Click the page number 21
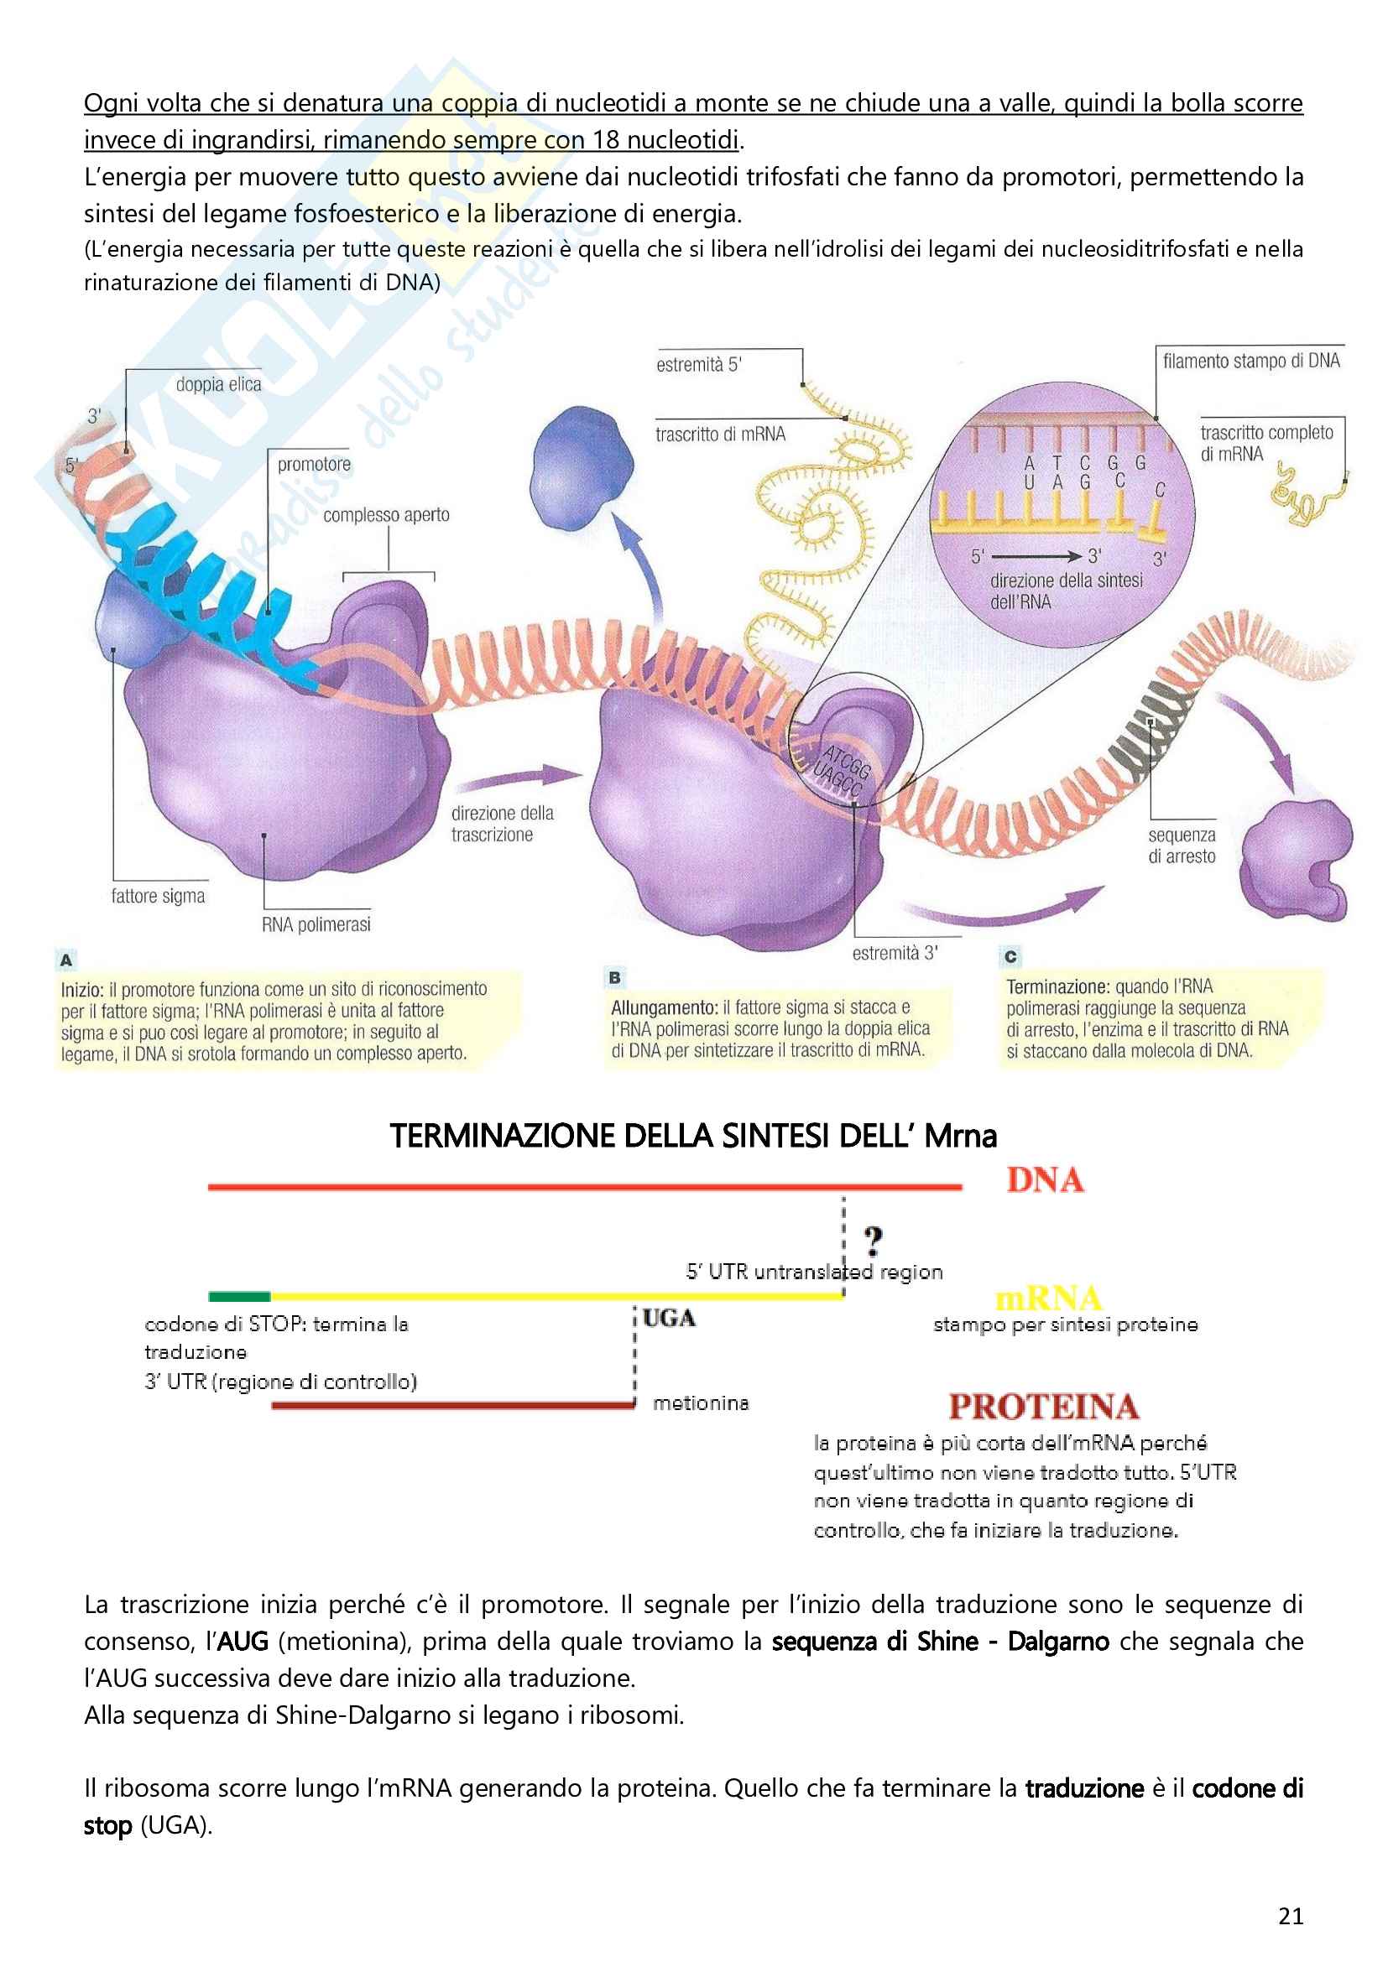[1291, 1916]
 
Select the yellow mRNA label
[1048, 1298]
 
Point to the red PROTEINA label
[1044, 1407]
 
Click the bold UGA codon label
[669, 1319]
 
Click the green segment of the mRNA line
[239, 1296]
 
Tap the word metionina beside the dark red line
[701, 1403]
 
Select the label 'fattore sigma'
[158, 897]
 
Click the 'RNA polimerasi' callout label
[316, 924]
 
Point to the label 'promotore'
[314, 465]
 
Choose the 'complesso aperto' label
[386, 515]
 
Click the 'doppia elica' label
[219, 384]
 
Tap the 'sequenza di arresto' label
[1182, 846]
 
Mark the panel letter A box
[65, 960]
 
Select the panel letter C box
[1010, 956]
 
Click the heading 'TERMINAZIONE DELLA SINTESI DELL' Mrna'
[693, 1136]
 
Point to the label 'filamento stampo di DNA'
[1251, 362]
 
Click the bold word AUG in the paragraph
[243, 1642]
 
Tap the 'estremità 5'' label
[699, 365]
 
